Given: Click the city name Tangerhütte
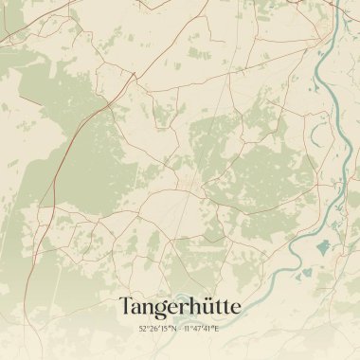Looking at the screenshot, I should pyautogui.click(x=180, y=305).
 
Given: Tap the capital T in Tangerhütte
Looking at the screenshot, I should pyautogui.click(x=125, y=305).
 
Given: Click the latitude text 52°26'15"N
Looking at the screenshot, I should pyautogui.click(x=157, y=328).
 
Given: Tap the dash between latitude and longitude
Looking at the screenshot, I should pyautogui.click(x=180, y=328).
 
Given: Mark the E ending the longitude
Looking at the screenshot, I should pyautogui.click(x=216, y=328).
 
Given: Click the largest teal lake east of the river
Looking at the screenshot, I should pyautogui.click(x=324, y=247).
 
